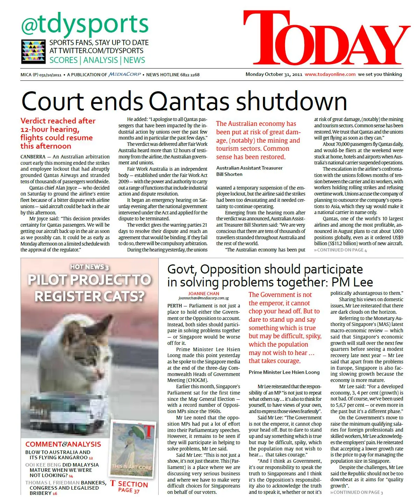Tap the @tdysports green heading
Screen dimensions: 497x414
pos(85,24)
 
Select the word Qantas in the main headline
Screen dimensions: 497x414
pos(190,101)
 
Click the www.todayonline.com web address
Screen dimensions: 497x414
pos(330,74)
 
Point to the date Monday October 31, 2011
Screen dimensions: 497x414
pos(274,74)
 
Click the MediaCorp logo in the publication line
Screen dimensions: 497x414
pos(125,74)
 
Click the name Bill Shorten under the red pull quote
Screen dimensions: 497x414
pos(229,174)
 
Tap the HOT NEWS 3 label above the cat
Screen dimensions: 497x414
pos(89,267)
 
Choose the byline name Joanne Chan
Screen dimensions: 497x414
pos(204,294)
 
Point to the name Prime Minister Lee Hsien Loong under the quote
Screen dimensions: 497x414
pos(284,372)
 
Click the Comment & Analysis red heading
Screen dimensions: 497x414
pos(63,444)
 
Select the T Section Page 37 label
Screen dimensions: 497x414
pos(129,487)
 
